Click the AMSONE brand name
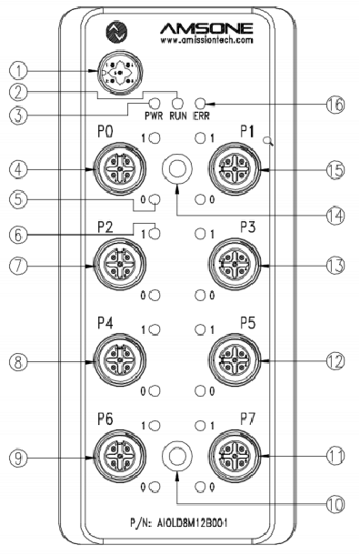(x=206, y=28)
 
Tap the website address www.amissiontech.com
(x=207, y=40)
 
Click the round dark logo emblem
(x=116, y=33)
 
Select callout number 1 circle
(x=18, y=71)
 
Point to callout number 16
(x=335, y=105)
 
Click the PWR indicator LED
(x=155, y=104)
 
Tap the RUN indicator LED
(x=177, y=104)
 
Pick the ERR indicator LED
(x=201, y=104)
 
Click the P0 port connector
(x=121, y=169)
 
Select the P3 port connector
(x=235, y=265)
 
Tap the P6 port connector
(x=121, y=457)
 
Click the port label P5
(x=248, y=323)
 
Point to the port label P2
(x=105, y=227)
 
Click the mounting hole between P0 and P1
(x=177, y=168)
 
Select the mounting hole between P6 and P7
(x=177, y=456)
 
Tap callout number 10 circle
(x=335, y=504)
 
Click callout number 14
(x=335, y=216)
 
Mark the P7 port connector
(x=235, y=457)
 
